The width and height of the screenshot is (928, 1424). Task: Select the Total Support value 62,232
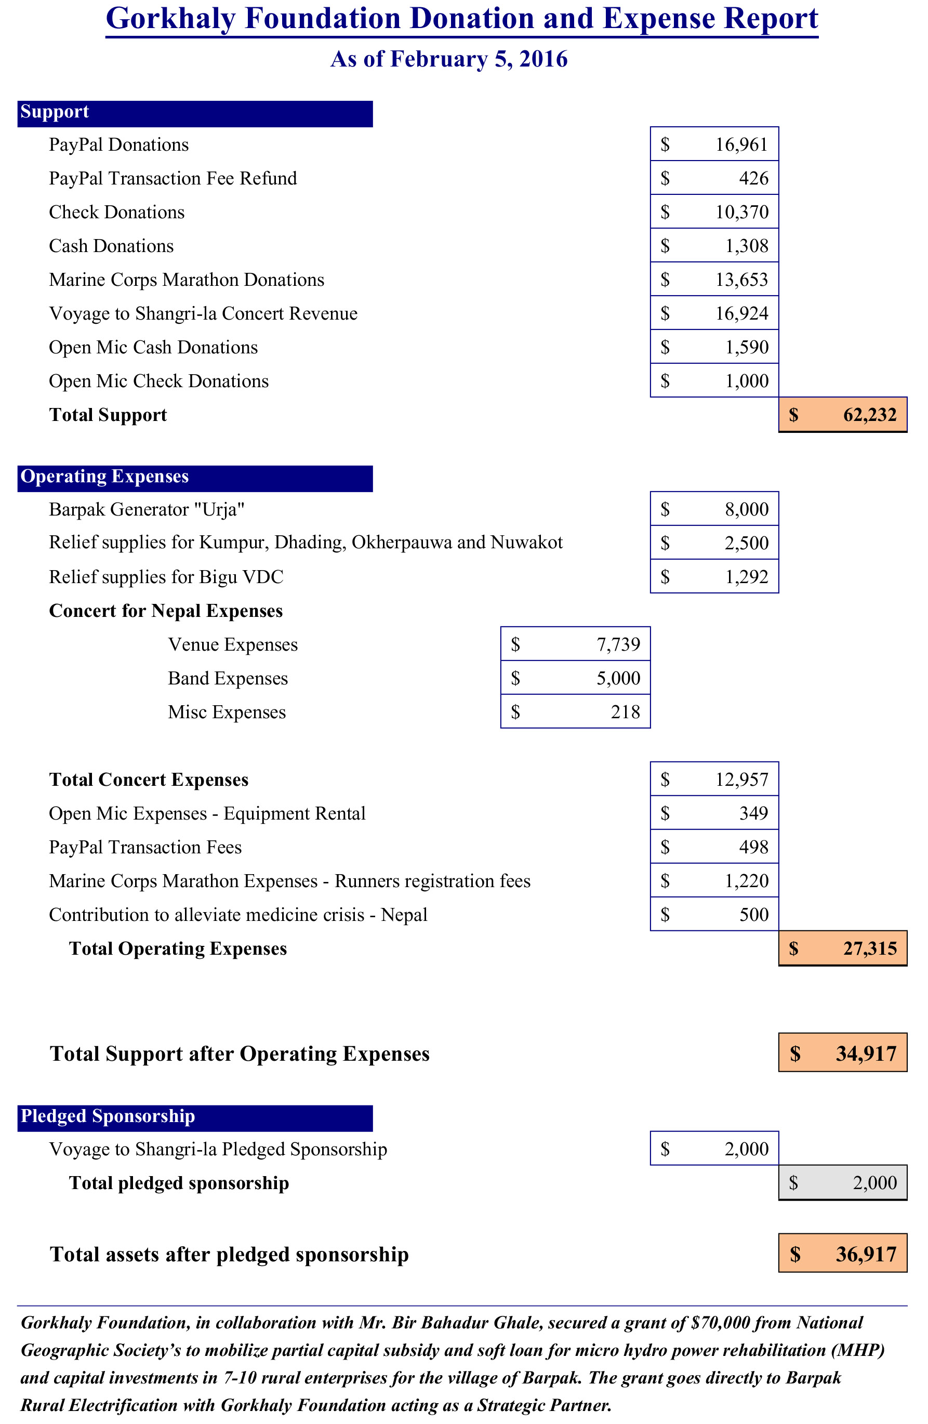click(x=869, y=415)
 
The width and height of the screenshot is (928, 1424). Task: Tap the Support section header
click(x=55, y=112)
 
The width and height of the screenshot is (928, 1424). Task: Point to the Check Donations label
click(x=117, y=213)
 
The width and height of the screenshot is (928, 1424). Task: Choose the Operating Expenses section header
click(x=105, y=477)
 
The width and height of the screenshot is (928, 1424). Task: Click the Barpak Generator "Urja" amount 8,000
click(x=746, y=509)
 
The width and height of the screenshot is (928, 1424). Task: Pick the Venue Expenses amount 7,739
click(x=618, y=644)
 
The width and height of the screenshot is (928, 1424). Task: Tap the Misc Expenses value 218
click(x=625, y=712)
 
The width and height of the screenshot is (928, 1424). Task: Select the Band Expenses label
click(x=228, y=679)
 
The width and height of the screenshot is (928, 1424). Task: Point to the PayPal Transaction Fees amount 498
click(x=753, y=847)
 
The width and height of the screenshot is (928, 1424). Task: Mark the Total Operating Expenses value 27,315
click(x=869, y=948)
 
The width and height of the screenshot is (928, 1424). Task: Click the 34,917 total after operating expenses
click(x=865, y=1053)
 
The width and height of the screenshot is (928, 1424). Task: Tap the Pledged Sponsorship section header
click(x=108, y=1116)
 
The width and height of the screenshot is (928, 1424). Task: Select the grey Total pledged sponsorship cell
click(x=842, y=1183)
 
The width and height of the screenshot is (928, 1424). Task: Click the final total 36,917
click(x=865, y=1254)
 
